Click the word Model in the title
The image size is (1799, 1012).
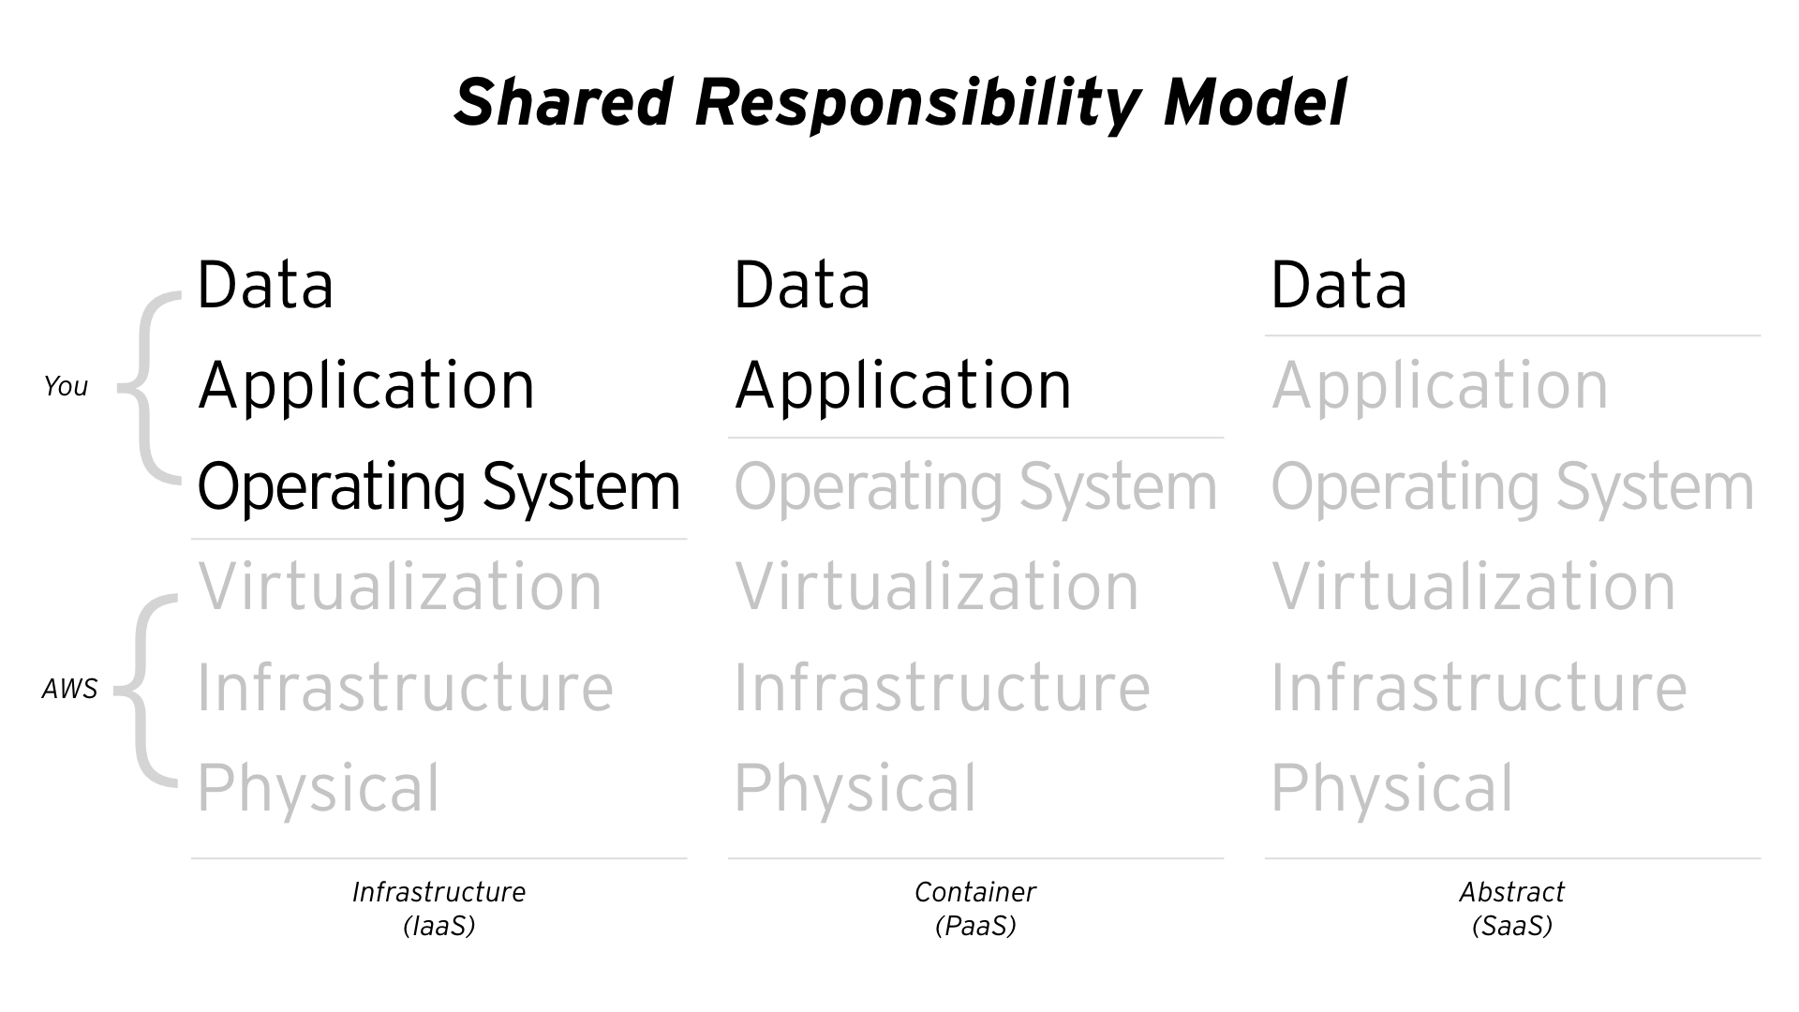[x=1255, y=102]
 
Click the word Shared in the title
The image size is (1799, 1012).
[x=563, y=102]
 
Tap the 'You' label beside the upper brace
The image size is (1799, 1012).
[x=66, y=386]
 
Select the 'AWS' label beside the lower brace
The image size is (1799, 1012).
[x=70, y=690]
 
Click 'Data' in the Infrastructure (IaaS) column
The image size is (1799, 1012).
[x=265, y=285]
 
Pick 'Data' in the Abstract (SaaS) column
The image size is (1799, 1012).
[x=1339, y=285]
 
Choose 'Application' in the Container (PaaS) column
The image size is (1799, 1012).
[x=903, y=386]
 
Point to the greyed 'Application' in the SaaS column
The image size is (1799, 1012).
[x=1440, y=386]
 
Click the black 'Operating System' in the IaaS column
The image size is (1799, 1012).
[x=439, y=487]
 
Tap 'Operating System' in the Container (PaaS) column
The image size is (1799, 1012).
[x=975, y=487]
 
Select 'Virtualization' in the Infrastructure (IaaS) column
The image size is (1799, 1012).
[x=400, y=587]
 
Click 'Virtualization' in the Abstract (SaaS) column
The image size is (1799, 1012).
[x=1474, y=587]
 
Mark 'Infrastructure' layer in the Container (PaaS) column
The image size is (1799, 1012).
[x=942, y=688]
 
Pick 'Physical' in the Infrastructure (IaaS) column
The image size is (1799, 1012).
[x=318, y=789]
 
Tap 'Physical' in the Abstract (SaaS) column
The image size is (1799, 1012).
[x=1391, y=789]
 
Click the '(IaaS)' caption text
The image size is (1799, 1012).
[x=439, y=927]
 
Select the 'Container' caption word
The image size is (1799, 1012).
[x=975, y=892]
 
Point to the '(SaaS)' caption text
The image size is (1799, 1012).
[x=1512, y=927]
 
